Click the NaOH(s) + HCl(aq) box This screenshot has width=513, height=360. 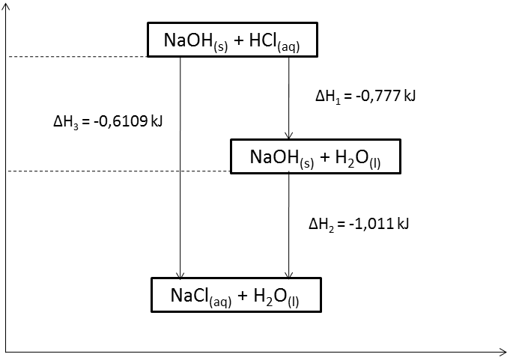click(232, 40)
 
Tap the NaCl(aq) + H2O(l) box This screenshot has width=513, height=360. click(236, 295)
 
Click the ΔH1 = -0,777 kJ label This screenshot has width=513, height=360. click(365, 96)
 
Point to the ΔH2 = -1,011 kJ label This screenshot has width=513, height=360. click(358, 223)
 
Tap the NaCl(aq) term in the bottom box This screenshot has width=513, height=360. click(197, 296)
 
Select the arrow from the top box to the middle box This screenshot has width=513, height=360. click(289, 97)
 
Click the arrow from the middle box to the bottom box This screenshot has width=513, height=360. click(289, 225)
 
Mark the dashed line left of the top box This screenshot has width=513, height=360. click(75, 57)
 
